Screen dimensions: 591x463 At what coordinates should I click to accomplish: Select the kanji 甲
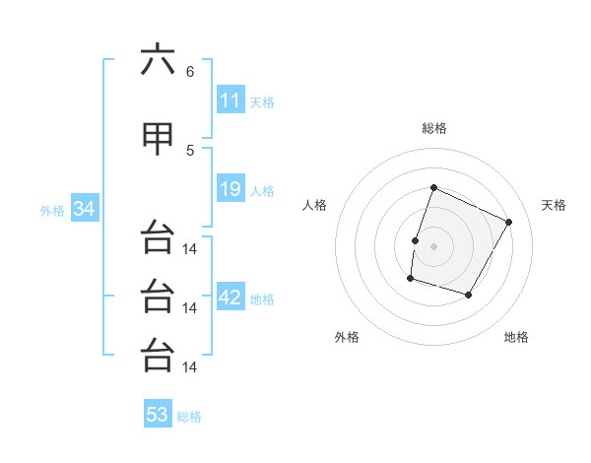pyautogui.click(x=158, y=139)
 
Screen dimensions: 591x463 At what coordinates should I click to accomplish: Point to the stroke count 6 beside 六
pyautogui.click(x=190, y=72)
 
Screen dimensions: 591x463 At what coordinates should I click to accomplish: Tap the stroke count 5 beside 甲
pyautogui.click(x=190, y=151)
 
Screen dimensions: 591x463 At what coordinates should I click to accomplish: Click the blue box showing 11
pyautogui.click(x=230, y=99)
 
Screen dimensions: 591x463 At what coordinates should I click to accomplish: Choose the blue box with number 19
pyautogui.click(x=230, y=188)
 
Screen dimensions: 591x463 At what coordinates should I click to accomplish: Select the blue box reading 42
pyautogui.click(x=230, y=296)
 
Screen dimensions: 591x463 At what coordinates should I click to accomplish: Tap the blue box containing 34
pyautogui.click(x=85, y=208)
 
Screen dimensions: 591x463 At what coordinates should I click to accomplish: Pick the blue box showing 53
pyautogui.click(x=158, y=413)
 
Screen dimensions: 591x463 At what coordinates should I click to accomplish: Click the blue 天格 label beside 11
pyautogui.click(x=262, y=102)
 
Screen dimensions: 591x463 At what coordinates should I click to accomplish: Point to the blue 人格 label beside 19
pyautogui.click(x=262, y=191)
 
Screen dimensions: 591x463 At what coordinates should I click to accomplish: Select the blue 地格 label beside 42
pyautogui.click(x=262, y=299)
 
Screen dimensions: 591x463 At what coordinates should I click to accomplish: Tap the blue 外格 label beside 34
pyautogui.click(x=52, y=211)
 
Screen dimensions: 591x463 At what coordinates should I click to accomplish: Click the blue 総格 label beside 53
pyautogui.click(x=189, y=417)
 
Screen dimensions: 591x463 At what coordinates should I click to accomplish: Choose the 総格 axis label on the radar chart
pyautogui.click(x=434, y=128)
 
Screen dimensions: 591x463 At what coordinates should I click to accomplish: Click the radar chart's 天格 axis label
pyautogui.click(x=554, y=205)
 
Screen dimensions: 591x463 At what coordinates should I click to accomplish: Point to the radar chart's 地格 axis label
pyautogui.click(x=516, y=337)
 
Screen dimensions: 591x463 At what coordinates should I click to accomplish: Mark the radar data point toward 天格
pyautogui.click(x=508, y=222)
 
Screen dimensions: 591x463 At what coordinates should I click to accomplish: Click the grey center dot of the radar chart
pyautogui.click(x=433, y=246)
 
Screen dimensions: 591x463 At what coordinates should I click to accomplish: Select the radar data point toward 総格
pyautogui.click(x=433, y=187)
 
